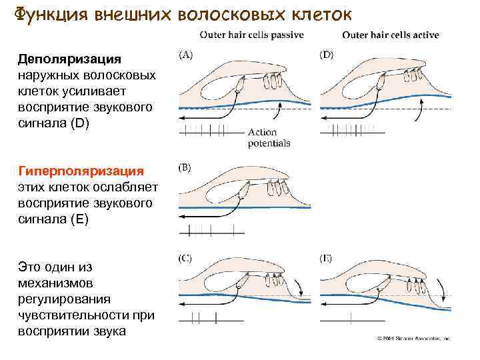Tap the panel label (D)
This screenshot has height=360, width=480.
click(x=328, y=55)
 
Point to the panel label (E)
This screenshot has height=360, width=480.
click(x=327, y=257)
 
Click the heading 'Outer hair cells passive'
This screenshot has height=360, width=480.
click(x=250, y=35)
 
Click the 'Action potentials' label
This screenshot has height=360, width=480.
click(x=269, y=137)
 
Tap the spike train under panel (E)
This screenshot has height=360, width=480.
click(x=352, y=323)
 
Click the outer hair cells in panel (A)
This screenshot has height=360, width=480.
click(x=273, y=81)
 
